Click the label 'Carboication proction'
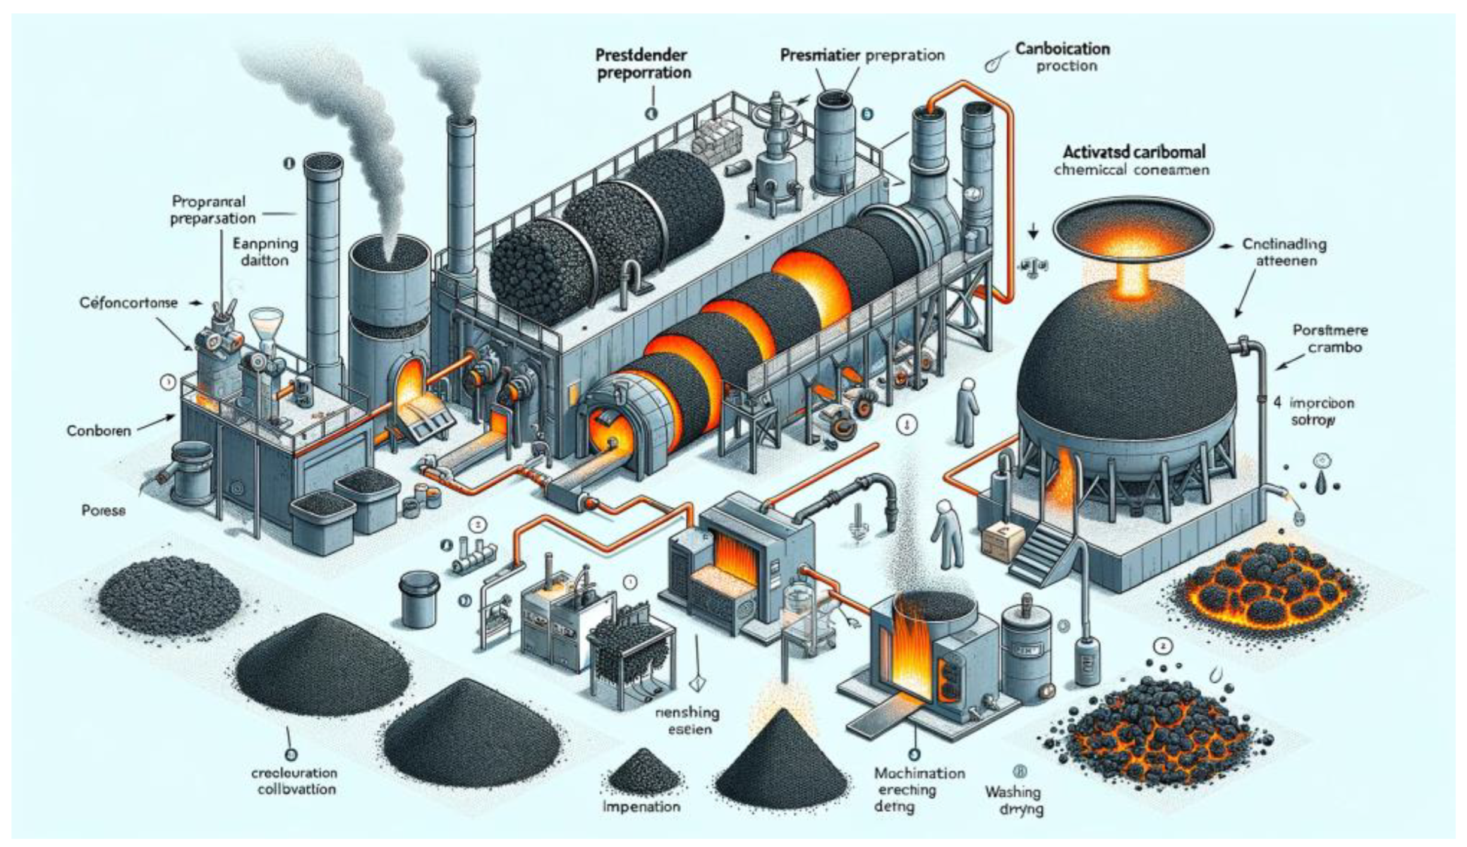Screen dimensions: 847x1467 tap(1062, 57)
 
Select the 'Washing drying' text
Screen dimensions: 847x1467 tap(1014, 800)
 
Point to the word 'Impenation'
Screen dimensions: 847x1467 tap(641, 806)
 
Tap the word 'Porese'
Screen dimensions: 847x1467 tap(103, 511)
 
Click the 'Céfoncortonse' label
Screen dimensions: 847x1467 tap(128, 302)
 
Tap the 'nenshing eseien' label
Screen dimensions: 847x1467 tap(686, 721)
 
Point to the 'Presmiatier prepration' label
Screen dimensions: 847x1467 tap(862, 56)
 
